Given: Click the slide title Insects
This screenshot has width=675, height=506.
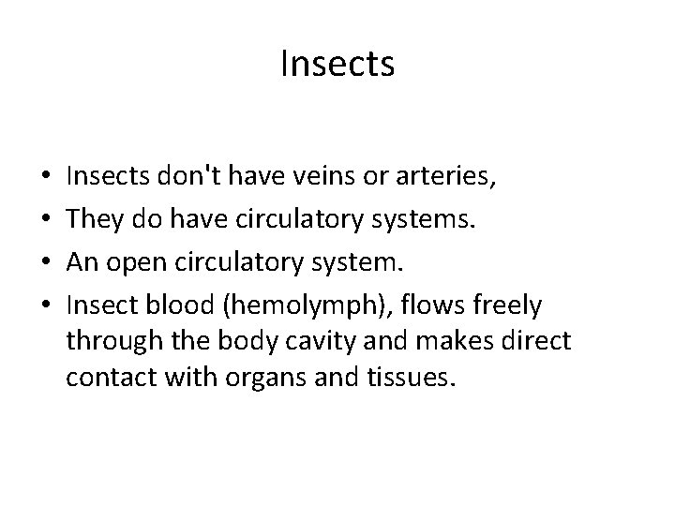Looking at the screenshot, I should [x=337, y=65].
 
